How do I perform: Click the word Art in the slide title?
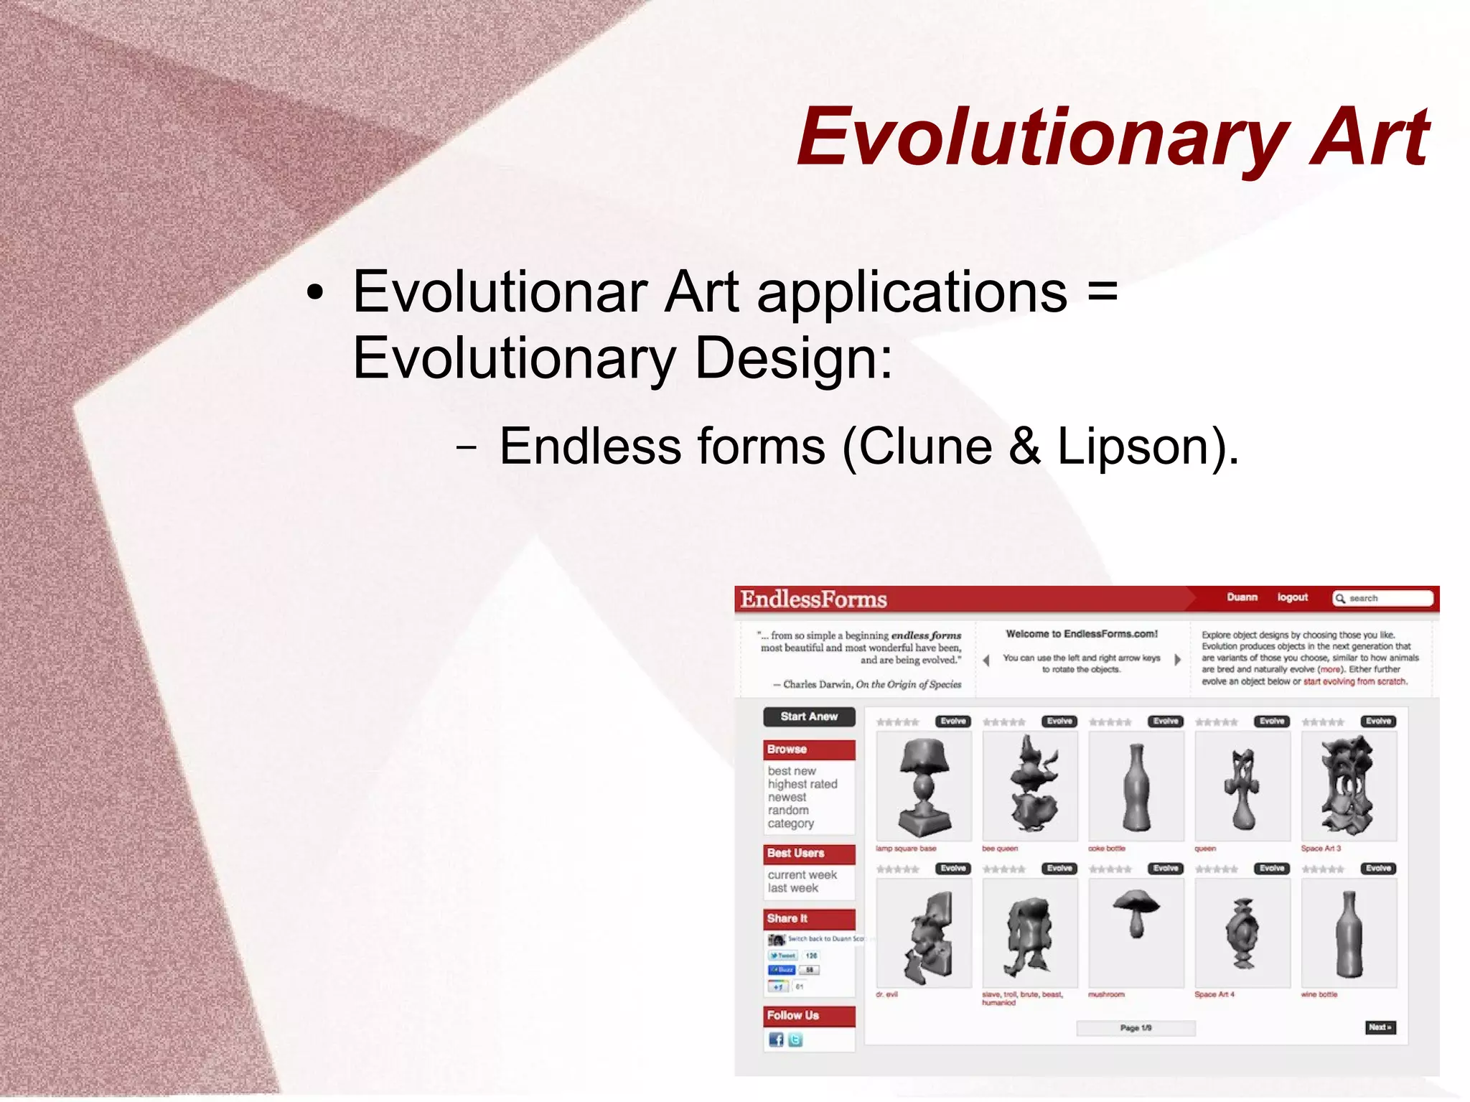(1370, 136)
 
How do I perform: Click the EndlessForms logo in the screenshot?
(813, 599)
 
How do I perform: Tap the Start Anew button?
(809, 716)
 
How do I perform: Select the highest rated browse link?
(802, 784)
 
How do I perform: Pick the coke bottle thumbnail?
(1136, 786)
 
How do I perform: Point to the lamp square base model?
(924, 786)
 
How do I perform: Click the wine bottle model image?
(1348, 933)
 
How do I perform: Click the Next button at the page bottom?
(1380, 1027)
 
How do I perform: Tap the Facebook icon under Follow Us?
(775, 1040)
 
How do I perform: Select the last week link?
(792, 888)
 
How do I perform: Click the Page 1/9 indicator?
(1136, 1028)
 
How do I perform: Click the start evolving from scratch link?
(1354, 681)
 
